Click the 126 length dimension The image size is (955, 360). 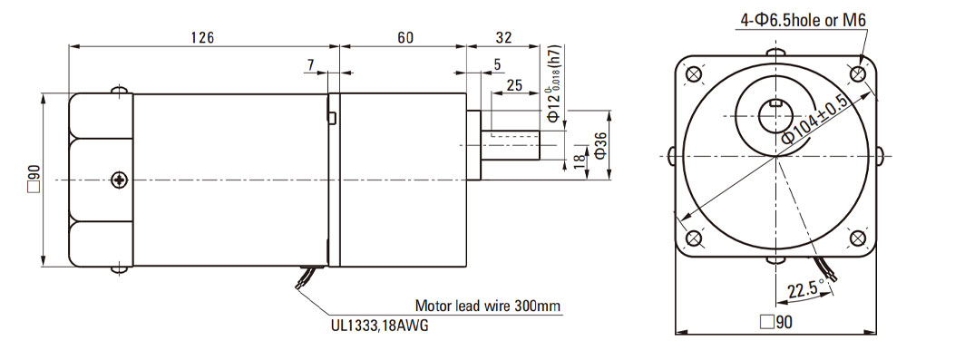tap(202, 38)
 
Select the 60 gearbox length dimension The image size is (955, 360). tap(405, 38)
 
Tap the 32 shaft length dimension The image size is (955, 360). tap(503, 38)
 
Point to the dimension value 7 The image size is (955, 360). tap(311, 64)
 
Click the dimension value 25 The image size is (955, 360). tap(514, 85)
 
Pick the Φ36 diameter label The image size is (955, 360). tap(599, 145)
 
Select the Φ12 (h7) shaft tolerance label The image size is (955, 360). tap(553, 83)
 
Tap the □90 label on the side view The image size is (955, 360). tap(34, 180)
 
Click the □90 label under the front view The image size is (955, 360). tap(776, 322)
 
